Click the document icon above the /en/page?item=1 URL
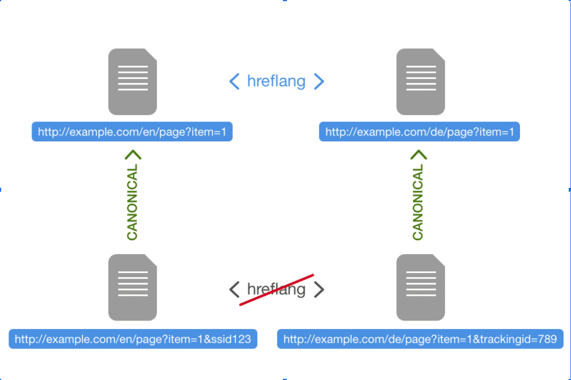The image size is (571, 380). pos(132,81)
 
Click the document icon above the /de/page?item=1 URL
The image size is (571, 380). pos(420,81)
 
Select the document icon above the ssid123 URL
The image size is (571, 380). pos(132,287)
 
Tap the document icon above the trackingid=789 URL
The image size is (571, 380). pos(420,287)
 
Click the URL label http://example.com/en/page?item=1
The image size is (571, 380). pos(132,132)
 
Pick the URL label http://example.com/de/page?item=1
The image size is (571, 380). pos(419,132)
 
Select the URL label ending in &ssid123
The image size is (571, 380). pos(133,339)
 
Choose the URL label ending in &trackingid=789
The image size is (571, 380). pos(420,339)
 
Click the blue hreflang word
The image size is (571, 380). pos(276,81)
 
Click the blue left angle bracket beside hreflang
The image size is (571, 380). pos(234,81)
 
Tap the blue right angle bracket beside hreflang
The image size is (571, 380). pos(319,81)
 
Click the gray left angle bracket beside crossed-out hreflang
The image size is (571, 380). pos(234,290)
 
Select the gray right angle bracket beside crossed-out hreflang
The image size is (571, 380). pos(319,290)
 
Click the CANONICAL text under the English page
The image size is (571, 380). pos(132,203)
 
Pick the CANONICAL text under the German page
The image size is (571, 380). pos(418,203)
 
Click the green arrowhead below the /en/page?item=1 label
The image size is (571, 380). pos(132,155)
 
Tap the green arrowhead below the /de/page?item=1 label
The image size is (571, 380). pos(419,155)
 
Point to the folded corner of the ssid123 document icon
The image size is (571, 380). pos(151,260)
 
